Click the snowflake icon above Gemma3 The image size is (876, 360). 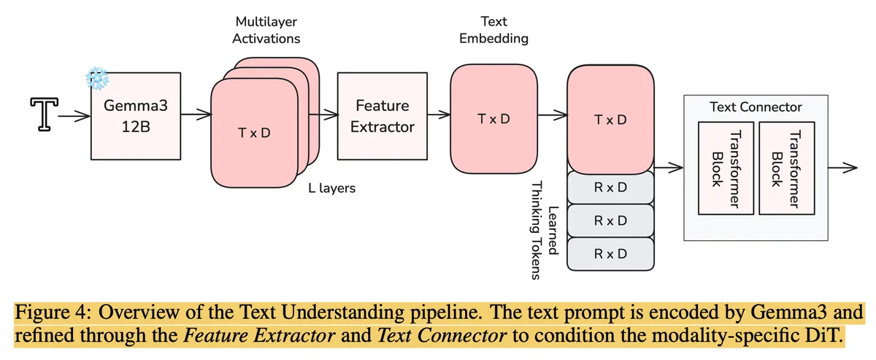pyautogui.click(x=96, y=77)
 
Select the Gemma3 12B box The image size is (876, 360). pyautogui.click(x=136, y=115)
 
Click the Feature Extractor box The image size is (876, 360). pyautogui.click(x=382, y=116)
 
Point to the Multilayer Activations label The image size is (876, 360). pyautogui.click(x=266, y=31)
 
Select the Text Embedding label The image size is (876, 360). pyautogui.click(x=493, y=31)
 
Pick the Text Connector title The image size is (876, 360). pyautogui.click(x=756, y=107)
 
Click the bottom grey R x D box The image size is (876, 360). pyautogui.click(x=610, y=253)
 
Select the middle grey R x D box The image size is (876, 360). pyautogui.click(x=610, y=221)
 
